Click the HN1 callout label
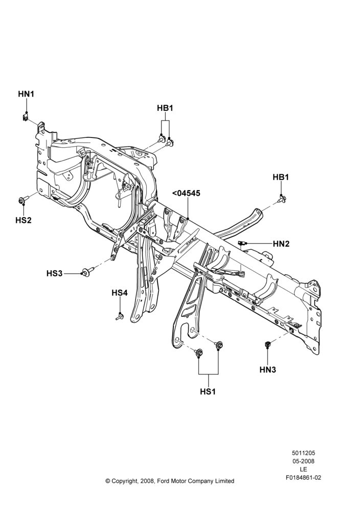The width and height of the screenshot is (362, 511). coord(26,94)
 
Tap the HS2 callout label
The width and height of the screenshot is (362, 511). coord(24,220)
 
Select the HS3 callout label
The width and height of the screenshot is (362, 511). coord(55,273)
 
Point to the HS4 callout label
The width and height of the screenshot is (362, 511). coord(120,293)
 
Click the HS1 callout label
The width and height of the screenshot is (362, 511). coord(208,391)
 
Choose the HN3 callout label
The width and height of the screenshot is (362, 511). coord(268,369)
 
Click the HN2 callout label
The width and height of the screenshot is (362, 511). coord(281,244)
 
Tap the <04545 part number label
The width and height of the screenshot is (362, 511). coord(186,193)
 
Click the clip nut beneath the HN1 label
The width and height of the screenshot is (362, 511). coord(26,117)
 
